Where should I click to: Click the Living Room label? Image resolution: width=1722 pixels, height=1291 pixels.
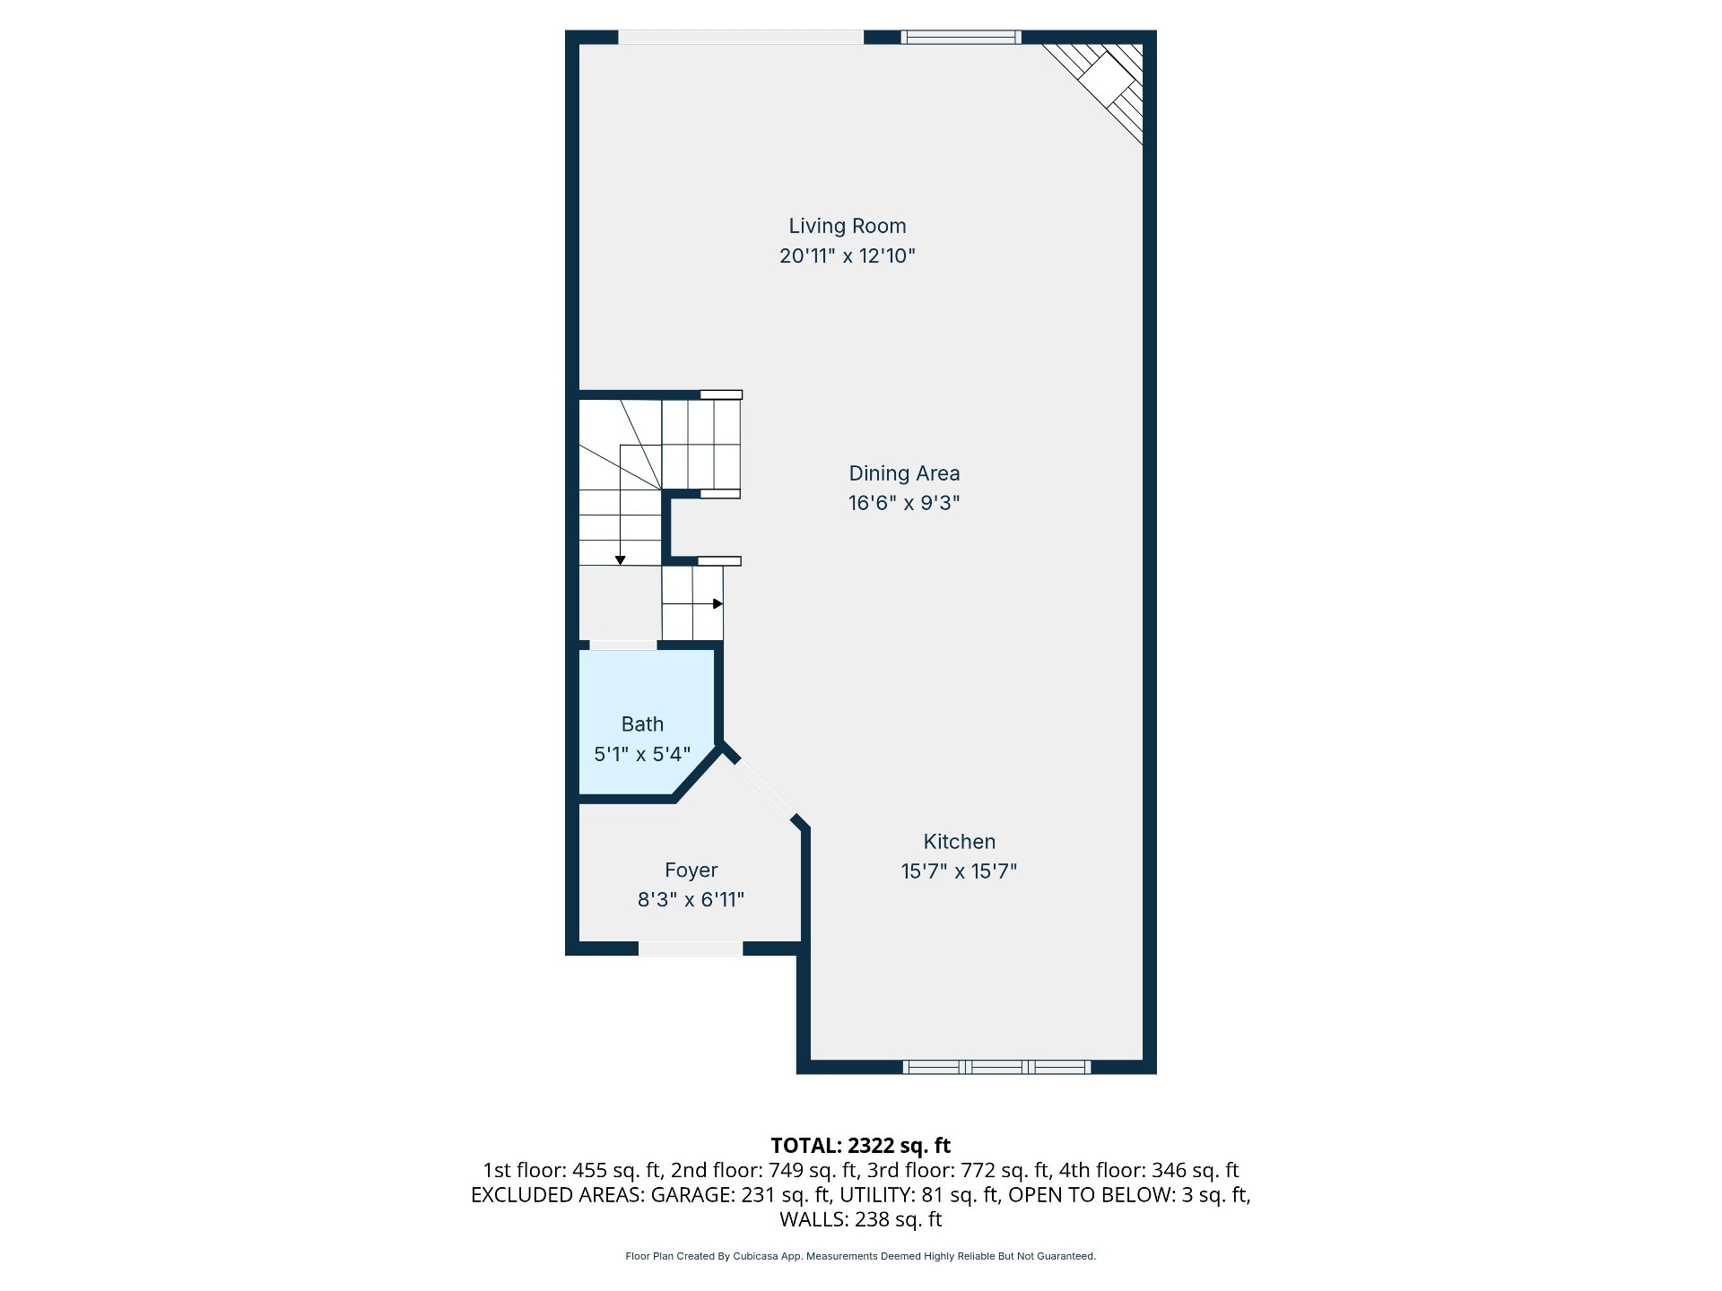pyautogui.click(x=848, y=226)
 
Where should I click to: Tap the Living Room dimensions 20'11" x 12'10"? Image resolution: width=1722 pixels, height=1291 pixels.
pyautogui.click(x=848, y=256)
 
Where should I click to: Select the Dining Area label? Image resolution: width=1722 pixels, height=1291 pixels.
pyautogui.click(x=904, y=473)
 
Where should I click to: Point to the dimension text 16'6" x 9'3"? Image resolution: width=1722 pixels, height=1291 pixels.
pyautogui.click(x=904, y=503)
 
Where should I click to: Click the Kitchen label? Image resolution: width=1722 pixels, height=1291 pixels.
pyautogui.click(x=960, y=842)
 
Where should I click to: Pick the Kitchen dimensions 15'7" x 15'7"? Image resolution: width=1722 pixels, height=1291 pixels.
pyautogui.click(x=960, y=871)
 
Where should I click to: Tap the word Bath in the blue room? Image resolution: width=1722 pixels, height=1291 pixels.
pyautogui.click(x=643, y=724)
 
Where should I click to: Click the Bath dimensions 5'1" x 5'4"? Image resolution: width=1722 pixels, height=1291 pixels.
pyautogui.click(x=643, y=754)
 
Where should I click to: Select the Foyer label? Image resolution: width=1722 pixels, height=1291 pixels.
pyautogui.click(x=691, y=871)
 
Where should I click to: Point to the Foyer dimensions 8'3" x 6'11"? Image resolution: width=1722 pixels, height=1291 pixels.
pyautogui.click(x=691, y=899)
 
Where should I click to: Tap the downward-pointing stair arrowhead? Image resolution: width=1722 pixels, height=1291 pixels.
pyautogui.click(x=620, y=560)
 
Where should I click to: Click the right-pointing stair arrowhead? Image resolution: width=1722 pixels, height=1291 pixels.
pyautogui.click(x=717, y=603)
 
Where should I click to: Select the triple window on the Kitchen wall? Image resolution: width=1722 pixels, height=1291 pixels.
pyautogui.click(x=996, y=1067)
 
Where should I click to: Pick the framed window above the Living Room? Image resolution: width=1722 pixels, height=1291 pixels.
pyautogui.click(x=961, y=37)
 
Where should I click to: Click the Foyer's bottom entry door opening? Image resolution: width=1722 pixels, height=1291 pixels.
pyautogui.click(x=691, y=949)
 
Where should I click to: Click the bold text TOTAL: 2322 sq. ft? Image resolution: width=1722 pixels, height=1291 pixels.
pyautogui.click(x=861, y=1146)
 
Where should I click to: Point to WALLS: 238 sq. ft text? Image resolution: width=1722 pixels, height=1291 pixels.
pyautogui.click(x=861, y=1219)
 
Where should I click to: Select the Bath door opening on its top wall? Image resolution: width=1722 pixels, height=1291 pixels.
pyautogui.click(x=623, y=645)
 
